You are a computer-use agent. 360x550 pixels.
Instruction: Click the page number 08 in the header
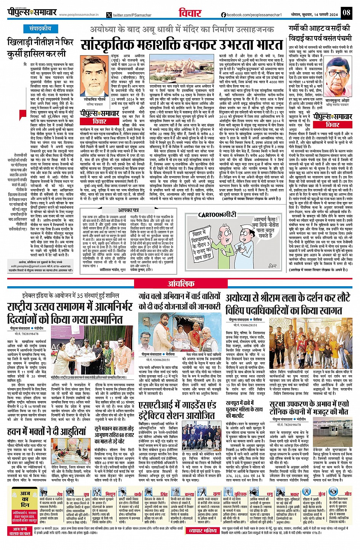346,12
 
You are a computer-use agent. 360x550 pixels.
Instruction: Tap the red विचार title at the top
190,13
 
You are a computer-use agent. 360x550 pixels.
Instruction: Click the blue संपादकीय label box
40,29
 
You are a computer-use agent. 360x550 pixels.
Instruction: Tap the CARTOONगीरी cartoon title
217,215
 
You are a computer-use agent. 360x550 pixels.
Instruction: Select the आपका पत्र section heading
128,210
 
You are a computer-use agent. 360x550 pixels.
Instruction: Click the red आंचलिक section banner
181,284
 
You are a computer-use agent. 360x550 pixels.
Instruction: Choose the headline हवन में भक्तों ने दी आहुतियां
47,431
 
